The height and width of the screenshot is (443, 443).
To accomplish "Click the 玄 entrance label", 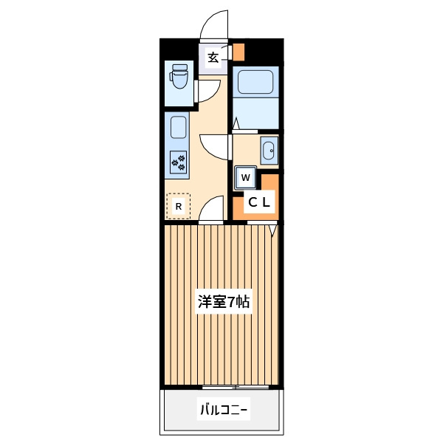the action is click(x=213, y=58).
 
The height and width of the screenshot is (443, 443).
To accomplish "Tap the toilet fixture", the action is click(x=179, y=76).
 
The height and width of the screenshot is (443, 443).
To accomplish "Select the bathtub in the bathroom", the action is click(x=255, y=82).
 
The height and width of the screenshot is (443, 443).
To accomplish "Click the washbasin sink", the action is click(x=269, y=151).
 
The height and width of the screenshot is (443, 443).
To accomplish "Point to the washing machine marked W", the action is click(x=246, y=178).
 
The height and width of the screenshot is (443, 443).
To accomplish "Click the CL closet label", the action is click(x=259, y=202).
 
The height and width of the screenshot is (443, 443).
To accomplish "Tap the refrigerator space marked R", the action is click(x=179, y=206).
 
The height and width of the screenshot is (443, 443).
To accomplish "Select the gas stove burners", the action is click(x=179, y=162).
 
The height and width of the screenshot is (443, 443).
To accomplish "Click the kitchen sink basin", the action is click(x=179, y=128).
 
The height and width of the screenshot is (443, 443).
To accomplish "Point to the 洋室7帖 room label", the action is click(x=224, y=302).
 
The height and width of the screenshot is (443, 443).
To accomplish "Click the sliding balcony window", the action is click(x=236, y=387).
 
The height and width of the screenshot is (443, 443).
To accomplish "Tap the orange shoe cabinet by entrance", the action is click(x=238, y=52).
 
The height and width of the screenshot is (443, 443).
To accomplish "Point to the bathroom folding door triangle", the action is click(x=236, y=123).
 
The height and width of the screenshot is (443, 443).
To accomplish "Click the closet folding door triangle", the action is click(x=272, y=230).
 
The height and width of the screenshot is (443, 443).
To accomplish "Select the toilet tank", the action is click(x=180, y=67).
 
